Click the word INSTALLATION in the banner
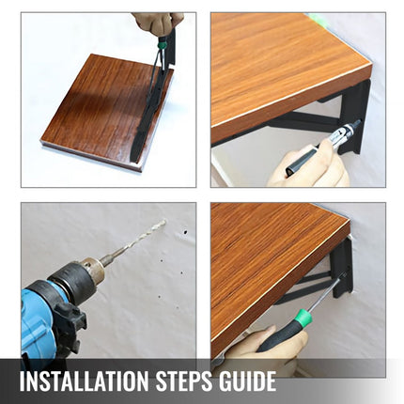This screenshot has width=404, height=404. click(85, 381)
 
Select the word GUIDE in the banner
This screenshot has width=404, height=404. click(243, 381)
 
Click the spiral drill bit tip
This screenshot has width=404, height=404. click(163, 222)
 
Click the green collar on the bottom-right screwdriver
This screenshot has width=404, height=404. click(304, 317)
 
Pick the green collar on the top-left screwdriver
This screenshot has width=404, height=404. click(162, 45)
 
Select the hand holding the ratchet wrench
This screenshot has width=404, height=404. click(310, 166)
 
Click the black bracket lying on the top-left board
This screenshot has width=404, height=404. click(150, 106)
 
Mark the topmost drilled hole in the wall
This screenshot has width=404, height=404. click(185, 232)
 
